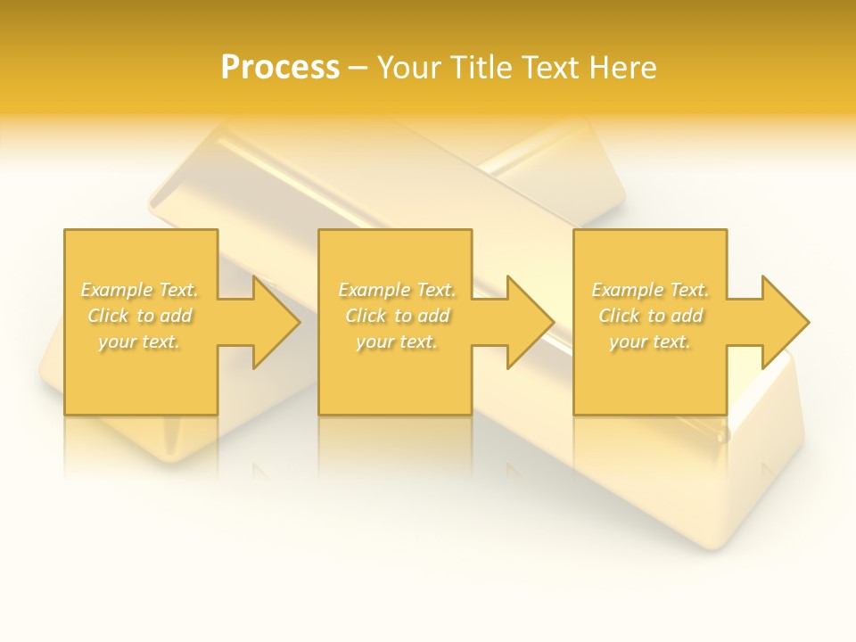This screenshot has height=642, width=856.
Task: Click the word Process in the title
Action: tap(280, 67)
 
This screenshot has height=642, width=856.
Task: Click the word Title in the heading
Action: tap(483, 67)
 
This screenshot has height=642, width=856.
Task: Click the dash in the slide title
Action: tap(358, 69)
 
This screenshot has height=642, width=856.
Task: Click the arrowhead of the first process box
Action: tap(273, 322)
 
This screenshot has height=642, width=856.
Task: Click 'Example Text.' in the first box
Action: tap(139, 290)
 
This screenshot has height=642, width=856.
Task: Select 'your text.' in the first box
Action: tap(139, 342)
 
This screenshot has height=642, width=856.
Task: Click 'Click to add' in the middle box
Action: tap(397, 316)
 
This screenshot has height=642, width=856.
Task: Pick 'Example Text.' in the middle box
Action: tap(397, 290)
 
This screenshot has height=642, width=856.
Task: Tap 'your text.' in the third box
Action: tap(650, 342)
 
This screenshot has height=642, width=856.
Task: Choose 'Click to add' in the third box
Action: tap(650, 316)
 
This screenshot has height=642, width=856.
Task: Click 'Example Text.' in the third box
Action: tap(650, 290)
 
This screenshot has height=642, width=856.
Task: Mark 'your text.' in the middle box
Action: tap(397, 342)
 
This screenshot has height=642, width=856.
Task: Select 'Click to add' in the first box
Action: tap(139, 316)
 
